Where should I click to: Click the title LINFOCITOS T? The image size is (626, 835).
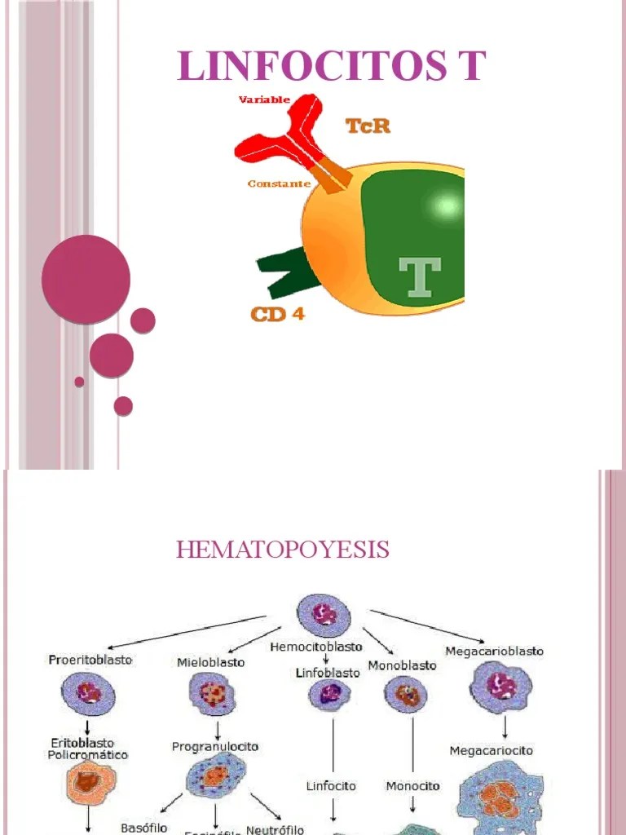tap(332, 66)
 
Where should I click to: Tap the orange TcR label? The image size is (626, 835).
tap(367, 126)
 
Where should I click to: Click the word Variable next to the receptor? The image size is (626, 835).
tap(264, 100)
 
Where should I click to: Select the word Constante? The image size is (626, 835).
tap(279, 183)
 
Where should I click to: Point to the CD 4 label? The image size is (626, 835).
tap(277, 313)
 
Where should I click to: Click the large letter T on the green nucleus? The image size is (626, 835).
tap(419, 276)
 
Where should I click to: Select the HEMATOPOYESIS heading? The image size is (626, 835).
tap(283, 550)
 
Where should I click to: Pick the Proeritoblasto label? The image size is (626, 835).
tap(90, 659)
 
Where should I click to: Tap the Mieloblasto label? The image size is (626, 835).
tap(210, 662)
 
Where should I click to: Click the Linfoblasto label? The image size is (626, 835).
tap(327, 673)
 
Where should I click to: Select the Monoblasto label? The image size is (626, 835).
tap(402, 665)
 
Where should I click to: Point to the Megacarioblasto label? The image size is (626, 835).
tap(494, 651)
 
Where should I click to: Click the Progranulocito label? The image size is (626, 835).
tap(215, 746)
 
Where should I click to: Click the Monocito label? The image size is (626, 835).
tap(412, 786)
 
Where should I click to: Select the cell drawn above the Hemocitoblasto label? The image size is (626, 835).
tap(324, 615)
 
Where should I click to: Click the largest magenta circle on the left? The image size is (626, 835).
tap(86, 279)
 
